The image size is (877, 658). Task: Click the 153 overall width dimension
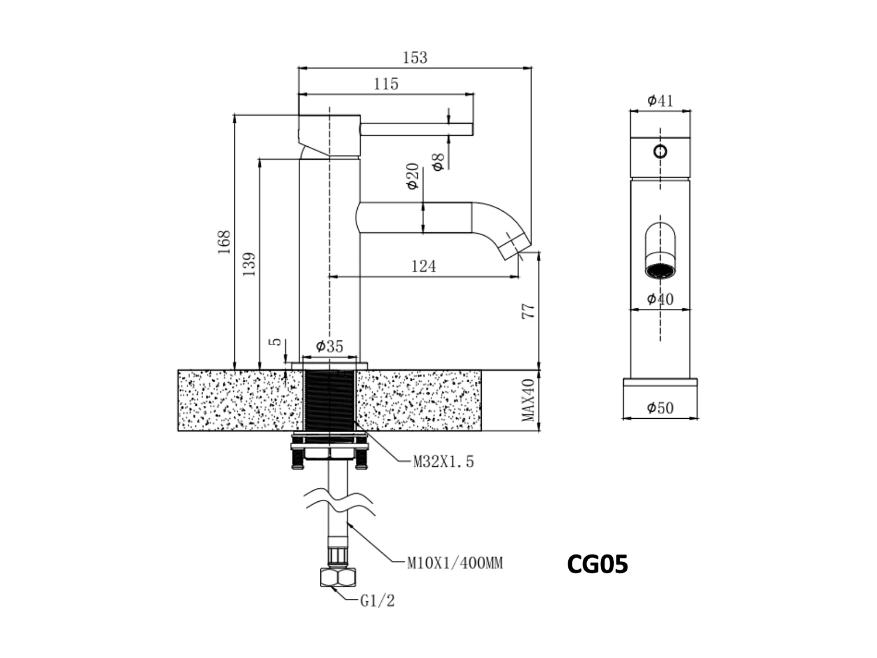415,58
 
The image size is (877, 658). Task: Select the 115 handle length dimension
386,84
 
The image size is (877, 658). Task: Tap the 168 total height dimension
224,242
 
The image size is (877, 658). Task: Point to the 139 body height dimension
249,264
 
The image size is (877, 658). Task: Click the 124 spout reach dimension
423,267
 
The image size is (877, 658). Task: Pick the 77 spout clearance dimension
528,311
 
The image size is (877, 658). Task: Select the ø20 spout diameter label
413,176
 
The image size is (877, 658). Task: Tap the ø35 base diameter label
329,346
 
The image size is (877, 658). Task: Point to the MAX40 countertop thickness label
528,400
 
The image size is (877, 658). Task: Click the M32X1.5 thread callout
444,462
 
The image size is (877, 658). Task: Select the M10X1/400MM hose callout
455,564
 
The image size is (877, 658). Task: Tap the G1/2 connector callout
377,601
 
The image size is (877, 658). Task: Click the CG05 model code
597,564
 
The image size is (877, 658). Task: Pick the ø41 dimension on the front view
660,101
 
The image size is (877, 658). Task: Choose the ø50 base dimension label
660,408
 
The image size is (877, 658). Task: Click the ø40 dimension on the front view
660,299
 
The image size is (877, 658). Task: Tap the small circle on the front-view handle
660,152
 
